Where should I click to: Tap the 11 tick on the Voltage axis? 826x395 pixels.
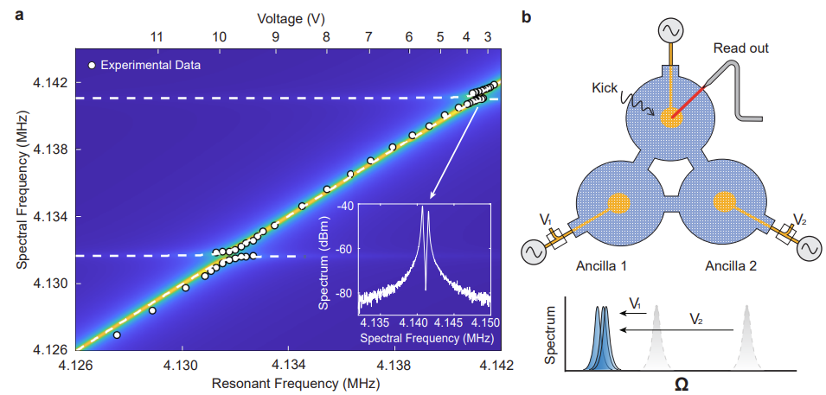(x=157, y=37)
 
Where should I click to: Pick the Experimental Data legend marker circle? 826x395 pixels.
(x=92, y=66)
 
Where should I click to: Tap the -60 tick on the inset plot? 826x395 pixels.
(x=343, y=249)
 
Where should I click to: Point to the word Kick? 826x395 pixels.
(x=605, y=88)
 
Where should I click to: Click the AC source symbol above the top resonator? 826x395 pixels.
(x=671, y=31)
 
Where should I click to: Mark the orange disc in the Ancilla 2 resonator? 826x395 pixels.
(x=725, y=202)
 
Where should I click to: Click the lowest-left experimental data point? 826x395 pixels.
(x=117, y=334)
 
